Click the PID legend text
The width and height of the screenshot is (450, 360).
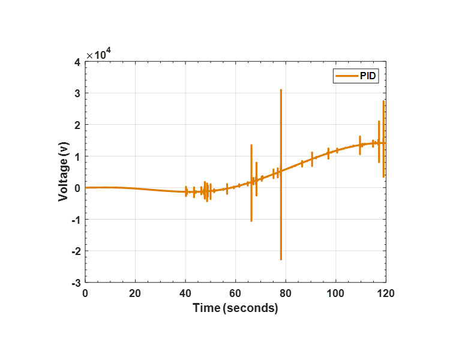point(369,76)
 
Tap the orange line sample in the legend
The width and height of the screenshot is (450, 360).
point(347,76)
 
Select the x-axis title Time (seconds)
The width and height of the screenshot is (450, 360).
point(235,308)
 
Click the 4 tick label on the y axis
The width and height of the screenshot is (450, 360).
point(77,62)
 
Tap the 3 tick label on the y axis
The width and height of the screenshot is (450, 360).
point(77,94)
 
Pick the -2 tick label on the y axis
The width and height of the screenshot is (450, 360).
point(76,251)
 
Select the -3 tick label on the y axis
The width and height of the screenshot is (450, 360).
point(76,283)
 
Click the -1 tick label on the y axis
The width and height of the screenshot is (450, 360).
point(76,220)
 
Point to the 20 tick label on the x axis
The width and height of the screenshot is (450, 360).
point(135,293)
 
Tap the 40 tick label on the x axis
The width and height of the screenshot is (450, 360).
point(185,293)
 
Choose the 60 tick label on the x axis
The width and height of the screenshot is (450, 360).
point(235,293)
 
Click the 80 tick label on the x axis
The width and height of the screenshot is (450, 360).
point(286,293)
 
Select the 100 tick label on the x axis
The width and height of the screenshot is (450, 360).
point(335,293)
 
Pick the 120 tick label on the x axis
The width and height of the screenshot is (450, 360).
point(385,293)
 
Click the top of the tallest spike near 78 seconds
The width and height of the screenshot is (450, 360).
point(281,90)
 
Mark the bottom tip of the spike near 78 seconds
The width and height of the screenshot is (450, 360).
point(281,259)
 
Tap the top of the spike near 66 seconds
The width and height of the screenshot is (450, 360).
point(251,145)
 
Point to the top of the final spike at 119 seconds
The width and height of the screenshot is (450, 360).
point(383,101)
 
